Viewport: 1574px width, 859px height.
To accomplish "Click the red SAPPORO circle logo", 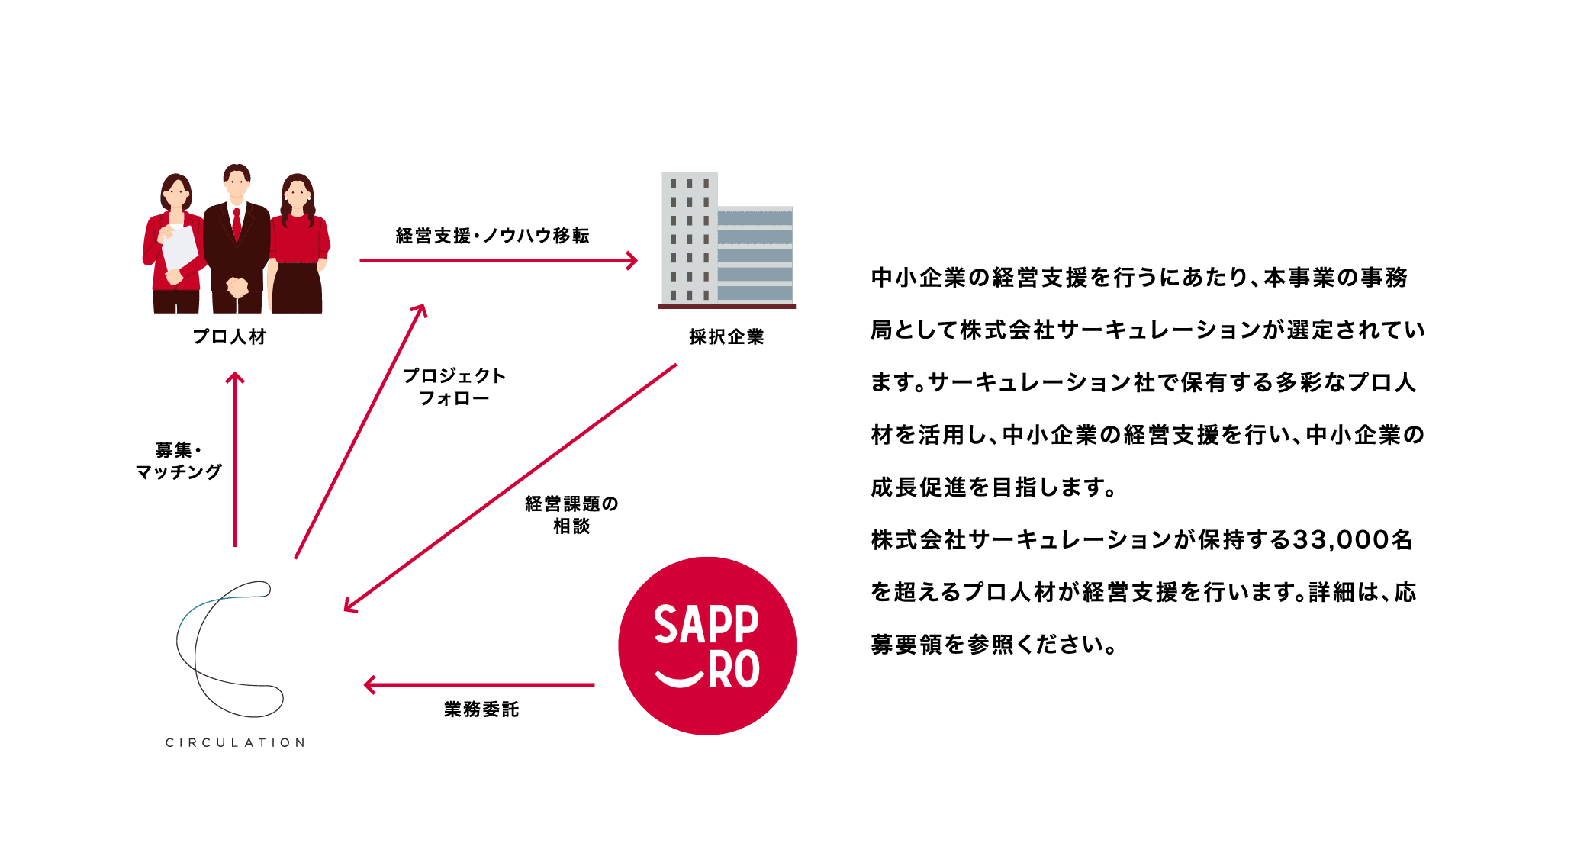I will point(707,645).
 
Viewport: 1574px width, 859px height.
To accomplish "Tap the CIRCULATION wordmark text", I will point(235,742).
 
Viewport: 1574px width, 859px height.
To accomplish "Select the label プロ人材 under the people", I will point(230,337).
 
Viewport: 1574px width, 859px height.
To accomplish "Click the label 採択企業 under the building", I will point(726,337).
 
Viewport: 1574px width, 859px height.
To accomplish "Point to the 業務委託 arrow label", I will point(481,709).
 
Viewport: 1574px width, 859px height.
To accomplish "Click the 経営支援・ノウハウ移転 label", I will point(493,236).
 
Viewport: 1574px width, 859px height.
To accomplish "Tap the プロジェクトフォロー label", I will point(454,387).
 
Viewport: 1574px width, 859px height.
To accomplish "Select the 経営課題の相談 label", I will point(571,515).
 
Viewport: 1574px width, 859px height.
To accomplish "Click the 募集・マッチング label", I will point(179,461).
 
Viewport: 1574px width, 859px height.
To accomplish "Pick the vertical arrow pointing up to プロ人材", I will point(235,458).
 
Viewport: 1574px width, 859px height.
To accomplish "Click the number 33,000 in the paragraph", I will point(1341,540).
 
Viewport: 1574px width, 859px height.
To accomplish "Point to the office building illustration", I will point(726,240).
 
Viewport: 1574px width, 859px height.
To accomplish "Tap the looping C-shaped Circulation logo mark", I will point(229,648).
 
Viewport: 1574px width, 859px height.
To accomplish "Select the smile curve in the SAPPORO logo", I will point(679,677).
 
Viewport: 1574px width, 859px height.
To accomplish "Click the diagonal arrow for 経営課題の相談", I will point(510,488).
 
